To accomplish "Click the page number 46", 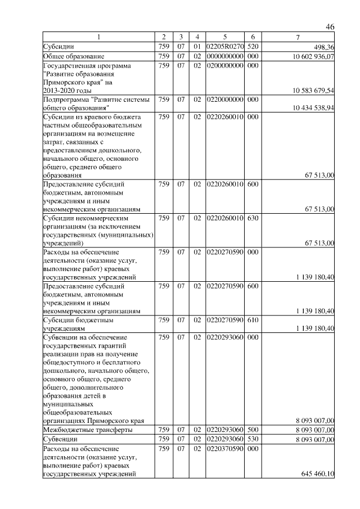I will [330, 27].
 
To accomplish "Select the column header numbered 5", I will [224, 38].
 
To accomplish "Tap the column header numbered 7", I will [298, 38].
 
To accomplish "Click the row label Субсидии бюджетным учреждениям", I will [70, 324].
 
